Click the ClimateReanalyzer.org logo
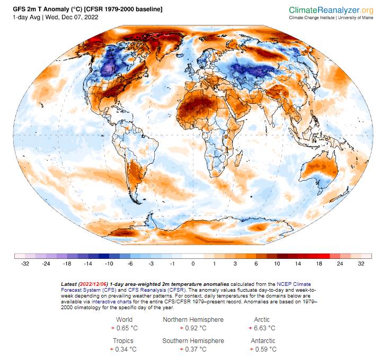click(x=331, y=10)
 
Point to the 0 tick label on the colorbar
click(x=193, y=263)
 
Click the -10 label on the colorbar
click(x=109, y=263)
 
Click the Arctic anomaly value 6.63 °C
click(x=265, y=328)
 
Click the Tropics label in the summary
click(x=123, y=340)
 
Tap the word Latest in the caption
click(x=68, y=284)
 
